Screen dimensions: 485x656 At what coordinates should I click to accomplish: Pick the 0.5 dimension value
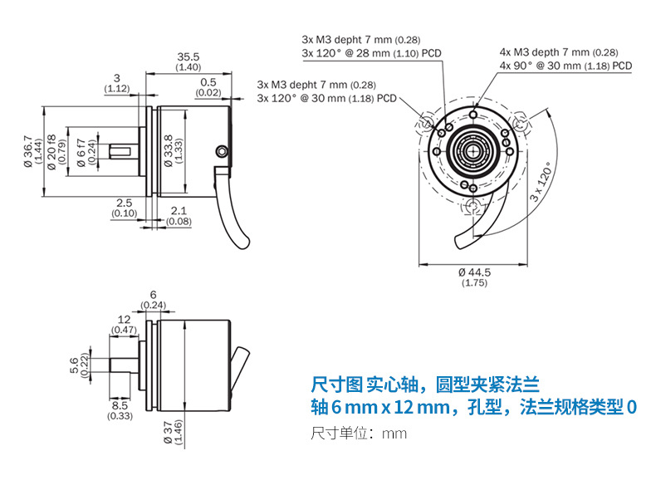[x=208, y=82]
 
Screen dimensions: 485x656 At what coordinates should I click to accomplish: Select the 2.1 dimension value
[x=178, y=211]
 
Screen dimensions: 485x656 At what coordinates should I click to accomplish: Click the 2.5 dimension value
[x=124, y=203]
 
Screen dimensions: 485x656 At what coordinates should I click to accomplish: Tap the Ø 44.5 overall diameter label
[x=474, y=272]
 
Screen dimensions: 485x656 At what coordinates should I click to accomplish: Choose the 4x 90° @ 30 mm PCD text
[x=565, y=65]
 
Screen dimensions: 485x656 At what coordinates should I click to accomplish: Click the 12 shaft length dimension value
[x=125, y=320]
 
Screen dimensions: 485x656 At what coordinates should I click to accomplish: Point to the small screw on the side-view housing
[x=221, y=150]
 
